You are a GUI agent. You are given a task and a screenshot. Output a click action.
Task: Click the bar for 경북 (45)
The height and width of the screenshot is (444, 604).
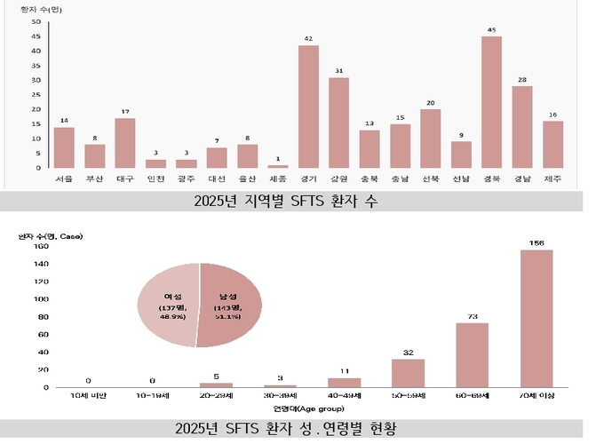pos(491,102)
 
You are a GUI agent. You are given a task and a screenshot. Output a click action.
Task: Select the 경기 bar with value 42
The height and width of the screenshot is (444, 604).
pos(308,107)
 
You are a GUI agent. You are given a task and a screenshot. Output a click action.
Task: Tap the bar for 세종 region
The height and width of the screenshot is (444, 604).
pos(278,166)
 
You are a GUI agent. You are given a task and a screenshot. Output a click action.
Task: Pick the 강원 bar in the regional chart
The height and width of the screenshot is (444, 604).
pos(338,123)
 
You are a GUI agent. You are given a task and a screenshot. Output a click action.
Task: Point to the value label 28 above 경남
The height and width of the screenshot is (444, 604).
pos(521,79)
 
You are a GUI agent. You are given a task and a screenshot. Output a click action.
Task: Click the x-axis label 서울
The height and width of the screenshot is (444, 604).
pos(64,178)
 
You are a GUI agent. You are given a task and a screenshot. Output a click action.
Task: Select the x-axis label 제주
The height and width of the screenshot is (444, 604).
pos(552,178)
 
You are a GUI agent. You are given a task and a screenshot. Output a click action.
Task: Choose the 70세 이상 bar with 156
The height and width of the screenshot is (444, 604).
pos(536,318)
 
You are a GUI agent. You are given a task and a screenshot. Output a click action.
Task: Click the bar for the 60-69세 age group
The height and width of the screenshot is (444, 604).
pos(473,354)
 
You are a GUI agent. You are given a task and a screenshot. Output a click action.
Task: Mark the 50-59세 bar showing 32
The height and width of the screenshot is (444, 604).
pos(408,373)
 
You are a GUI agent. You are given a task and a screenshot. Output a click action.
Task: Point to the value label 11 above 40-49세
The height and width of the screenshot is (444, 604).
pos(344,370)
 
